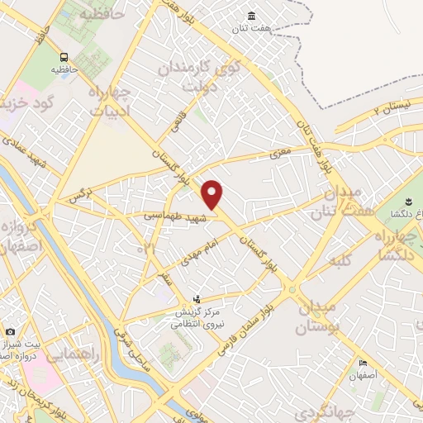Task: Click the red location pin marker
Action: pyautogui.click(x=212, y=194)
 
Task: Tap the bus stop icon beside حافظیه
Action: pyautogui.click(x=64, y=56)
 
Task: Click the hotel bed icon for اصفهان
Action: pyautogui.click(x=363, y=364)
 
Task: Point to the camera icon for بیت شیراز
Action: pyautogui.click(x=10, y=331)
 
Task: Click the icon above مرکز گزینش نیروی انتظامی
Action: pyautogui.click(x=196, y=299)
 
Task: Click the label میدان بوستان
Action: pyautogui.click(x=314, y=315)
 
